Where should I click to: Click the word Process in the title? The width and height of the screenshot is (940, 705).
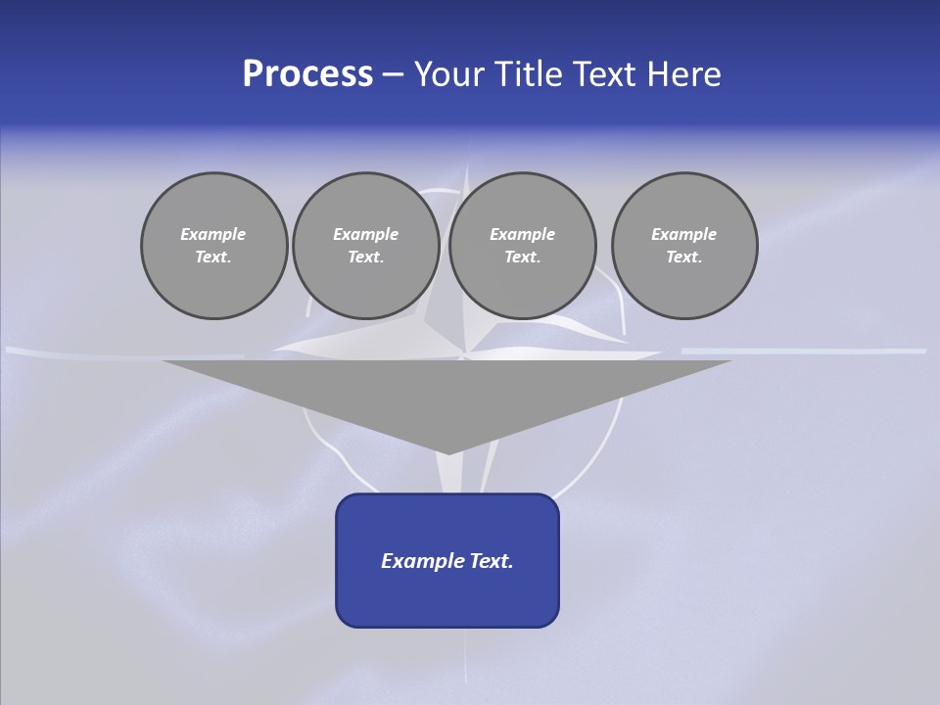307,74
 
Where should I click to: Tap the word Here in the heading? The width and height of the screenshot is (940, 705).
684,74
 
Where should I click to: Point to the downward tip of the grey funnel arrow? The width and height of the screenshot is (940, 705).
448,452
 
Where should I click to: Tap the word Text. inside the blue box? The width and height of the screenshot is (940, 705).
491,561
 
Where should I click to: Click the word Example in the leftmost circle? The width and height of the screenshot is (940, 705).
213,234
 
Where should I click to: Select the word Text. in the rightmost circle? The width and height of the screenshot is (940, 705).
684,258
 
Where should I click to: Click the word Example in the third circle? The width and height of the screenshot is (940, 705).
522,234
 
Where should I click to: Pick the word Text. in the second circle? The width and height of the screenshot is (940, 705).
365,258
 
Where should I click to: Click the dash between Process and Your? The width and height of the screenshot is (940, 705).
393,74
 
